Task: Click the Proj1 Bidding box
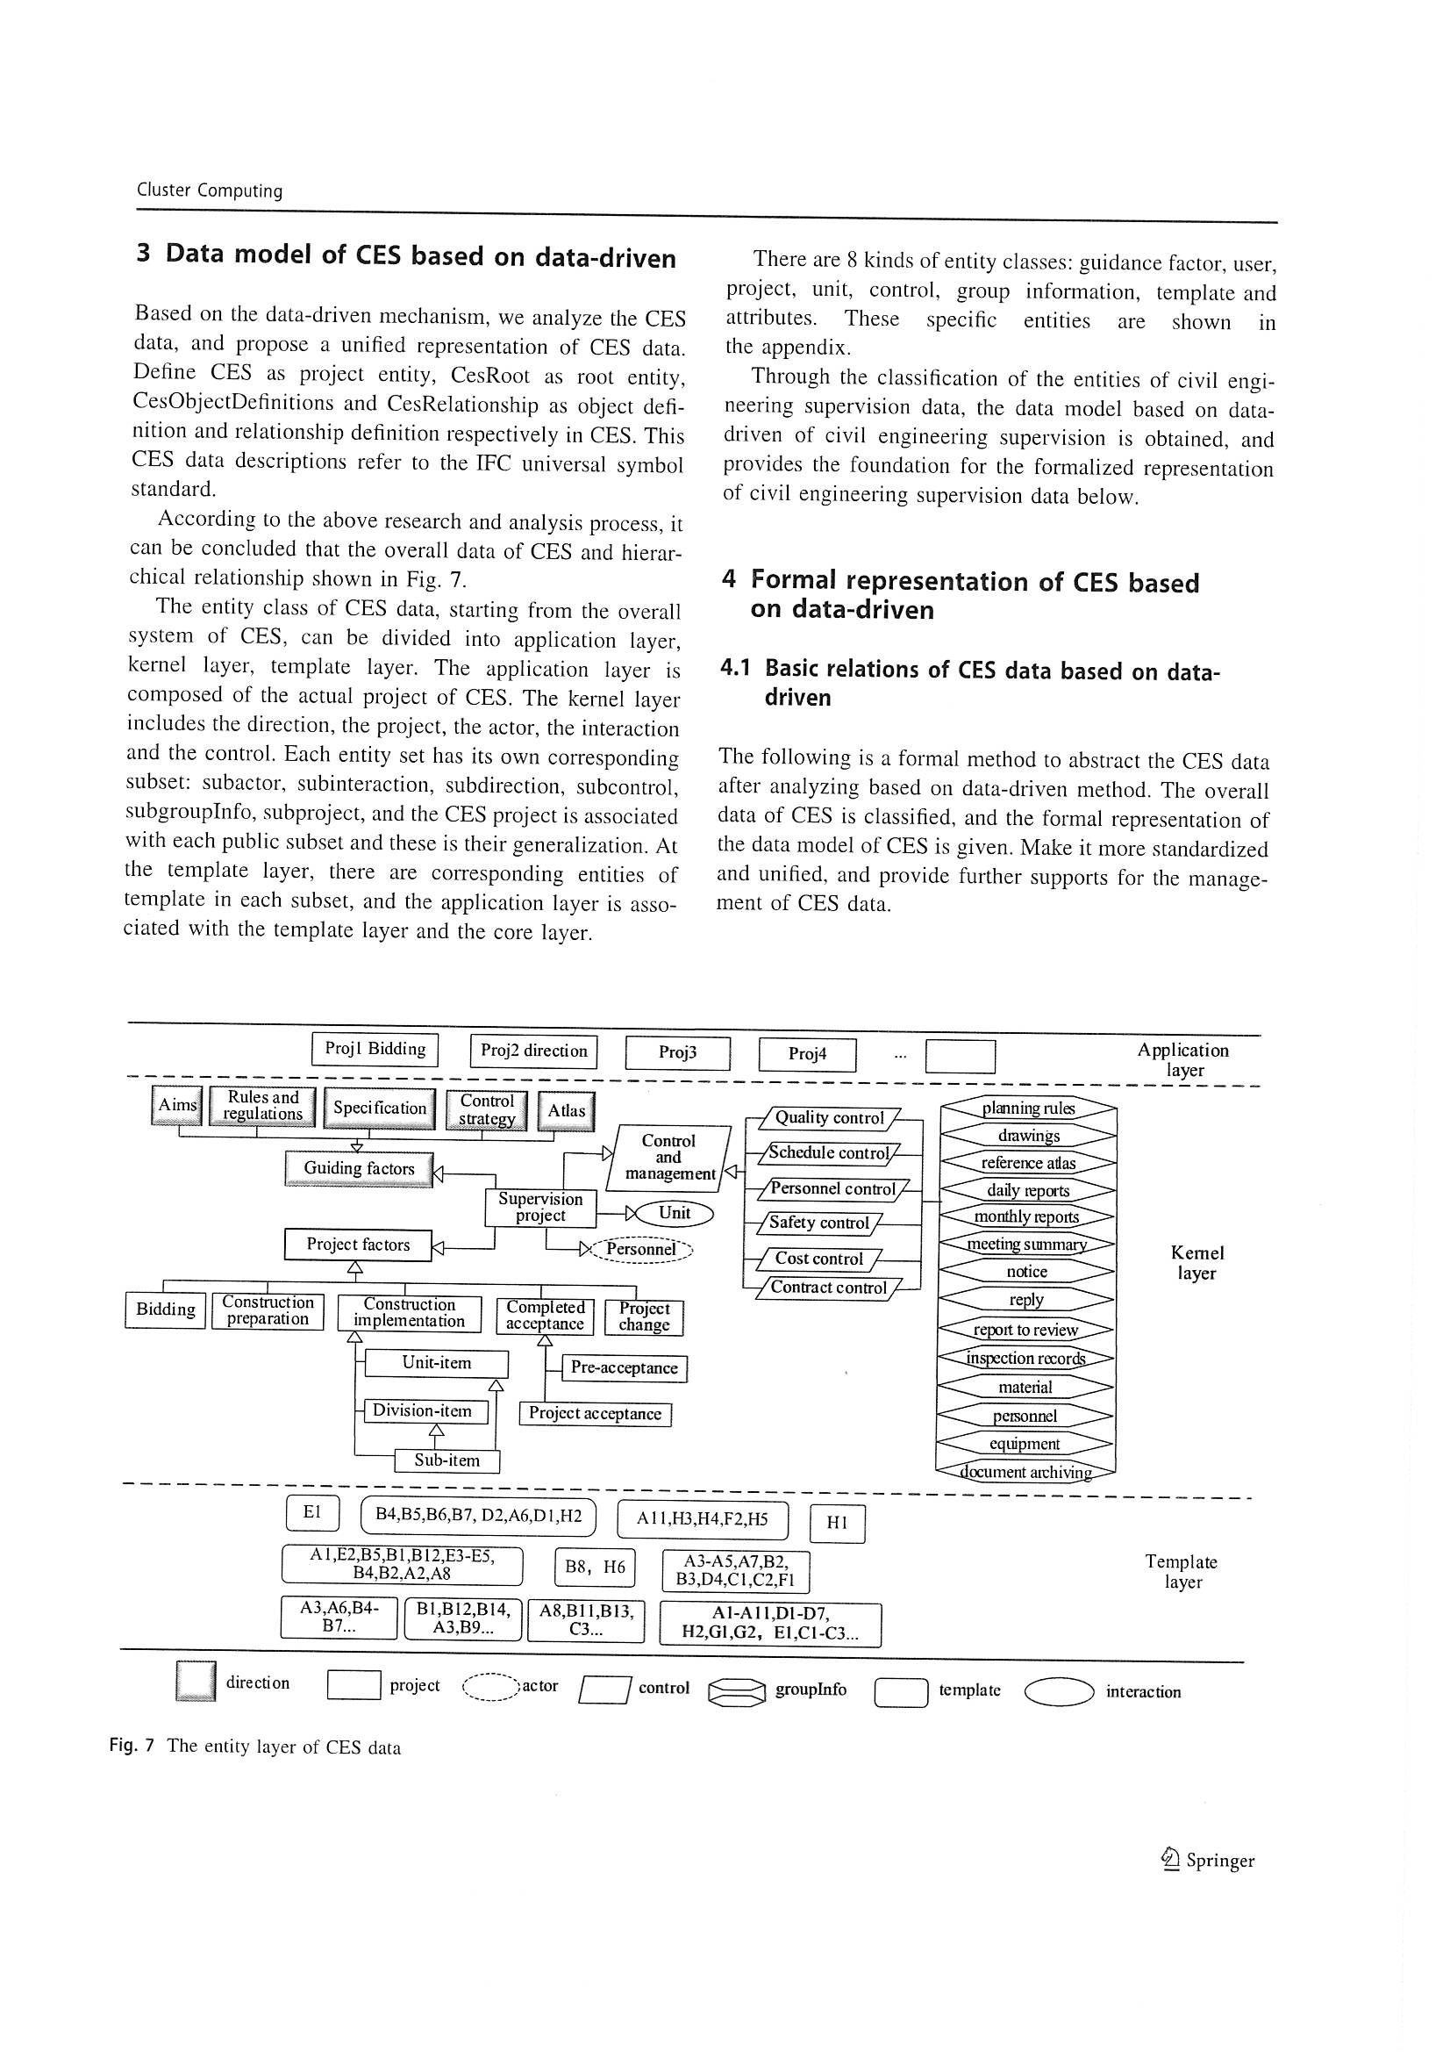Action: pyautogui.click(x=375, y=1049)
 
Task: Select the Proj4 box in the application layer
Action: pyautogui.click(x=807, y=1055)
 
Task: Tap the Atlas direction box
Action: pyautogui.click(x=567, y=1112)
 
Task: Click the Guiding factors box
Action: pyautogui.click(x=358, y=1169)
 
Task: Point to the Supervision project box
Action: pyautogui.click(x=539, y=1208)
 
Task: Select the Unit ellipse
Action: pyautogui.click(x=674, y=1214)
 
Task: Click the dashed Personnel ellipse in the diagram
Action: pyautogui.click(x=640, y=1250)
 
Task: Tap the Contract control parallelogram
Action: pyautogui.click(x=828, y=1288)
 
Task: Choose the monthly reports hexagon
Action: pyautogui.click(x=1026, y=1217)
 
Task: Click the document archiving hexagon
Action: pyautogui.click(x=1025, y=1472)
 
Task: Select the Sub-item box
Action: pyautogui.click(x=446, y=1460)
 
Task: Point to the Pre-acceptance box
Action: pyautogui.click(x=624, y=1368)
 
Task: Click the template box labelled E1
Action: pyautogui.click(x=311, y=1512)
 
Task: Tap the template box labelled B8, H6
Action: pyautogui.click(x=595, y=1567)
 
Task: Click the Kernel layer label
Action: pyautogui.click(x=1196, y=1263)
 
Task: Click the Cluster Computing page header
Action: pyautogui.click(x=209, y=190)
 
